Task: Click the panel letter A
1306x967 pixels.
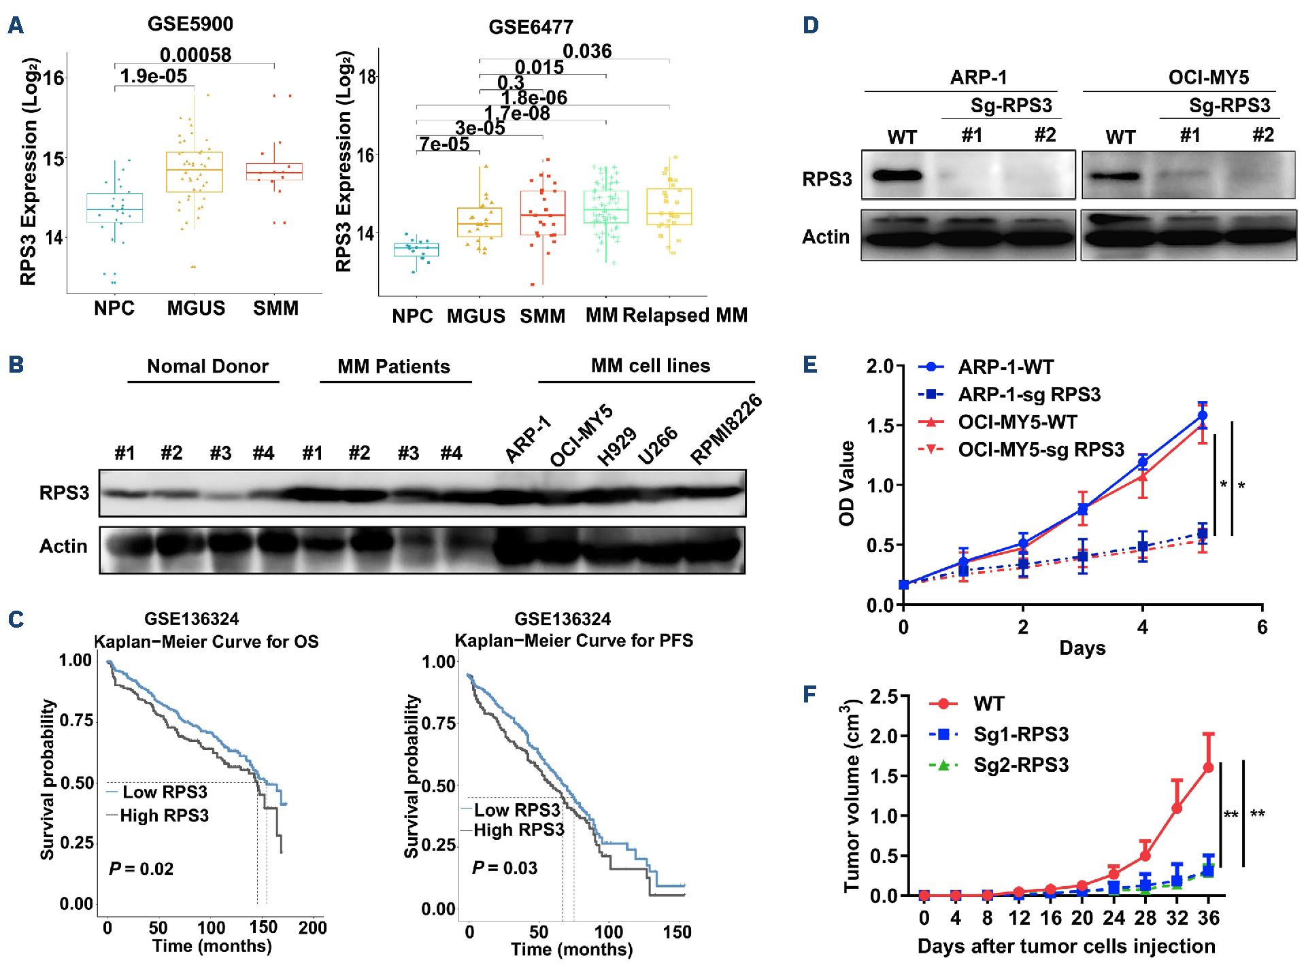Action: [x=16, y=26]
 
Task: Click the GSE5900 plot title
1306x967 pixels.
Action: [x=190, y=24]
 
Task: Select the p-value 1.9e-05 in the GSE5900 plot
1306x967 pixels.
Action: [x=154, y=76]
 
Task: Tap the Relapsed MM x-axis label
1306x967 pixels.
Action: [x=685, y=316]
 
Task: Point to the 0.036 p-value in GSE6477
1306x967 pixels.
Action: [x=587, y=51]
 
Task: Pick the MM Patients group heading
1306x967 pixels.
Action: [x=394, y=367]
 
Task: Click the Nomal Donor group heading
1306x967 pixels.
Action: [x=207, y=367]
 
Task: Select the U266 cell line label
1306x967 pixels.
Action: [x=658, y=445]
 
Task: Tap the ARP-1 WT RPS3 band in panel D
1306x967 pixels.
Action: [x=897, y=175]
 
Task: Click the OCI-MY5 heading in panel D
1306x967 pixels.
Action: [x=1208, y=78]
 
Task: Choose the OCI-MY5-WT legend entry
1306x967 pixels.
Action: [x=1017, y=422]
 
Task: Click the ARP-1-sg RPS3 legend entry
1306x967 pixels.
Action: [x=1028, y=394]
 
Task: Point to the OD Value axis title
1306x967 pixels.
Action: [x=847, y=483]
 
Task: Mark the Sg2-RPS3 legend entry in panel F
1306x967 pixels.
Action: [x=1020, y=765]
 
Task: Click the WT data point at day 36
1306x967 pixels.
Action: [x=1208, y=767]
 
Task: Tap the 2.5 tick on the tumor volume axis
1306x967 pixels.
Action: [x=884, y=696]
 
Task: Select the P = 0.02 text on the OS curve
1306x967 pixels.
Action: [x=141, y=869]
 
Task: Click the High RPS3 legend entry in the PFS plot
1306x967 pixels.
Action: [x=518, y=830]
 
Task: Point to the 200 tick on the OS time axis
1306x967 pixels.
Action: [x=312, y=928]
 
